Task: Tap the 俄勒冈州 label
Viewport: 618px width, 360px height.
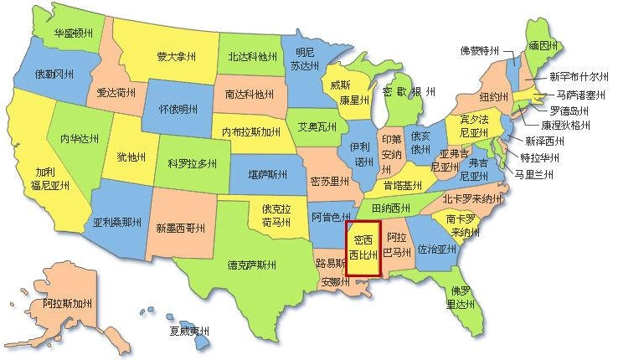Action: [x=55, y=74]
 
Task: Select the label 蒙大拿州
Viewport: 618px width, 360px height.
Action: [x=177, y=57]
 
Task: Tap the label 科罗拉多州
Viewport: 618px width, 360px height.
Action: [x=193, y=163]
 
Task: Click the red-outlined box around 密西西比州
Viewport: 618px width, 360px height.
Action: [x=363, y=249]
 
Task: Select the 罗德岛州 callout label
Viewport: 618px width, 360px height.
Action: [x=569, y=111]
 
